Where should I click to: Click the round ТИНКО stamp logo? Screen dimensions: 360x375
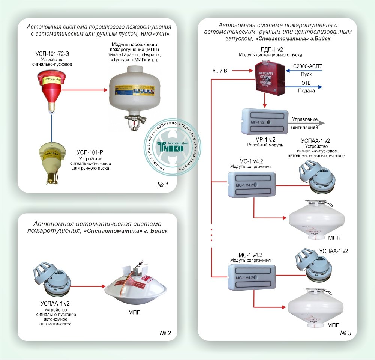(173, 146)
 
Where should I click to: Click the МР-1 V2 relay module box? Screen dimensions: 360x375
(265, 122)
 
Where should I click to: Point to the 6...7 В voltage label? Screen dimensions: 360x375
(219, 71)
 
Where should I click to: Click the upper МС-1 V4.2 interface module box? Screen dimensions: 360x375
(252, 184)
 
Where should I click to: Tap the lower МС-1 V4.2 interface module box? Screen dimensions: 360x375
(252, 277)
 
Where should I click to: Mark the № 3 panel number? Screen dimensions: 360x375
(346, 333)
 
